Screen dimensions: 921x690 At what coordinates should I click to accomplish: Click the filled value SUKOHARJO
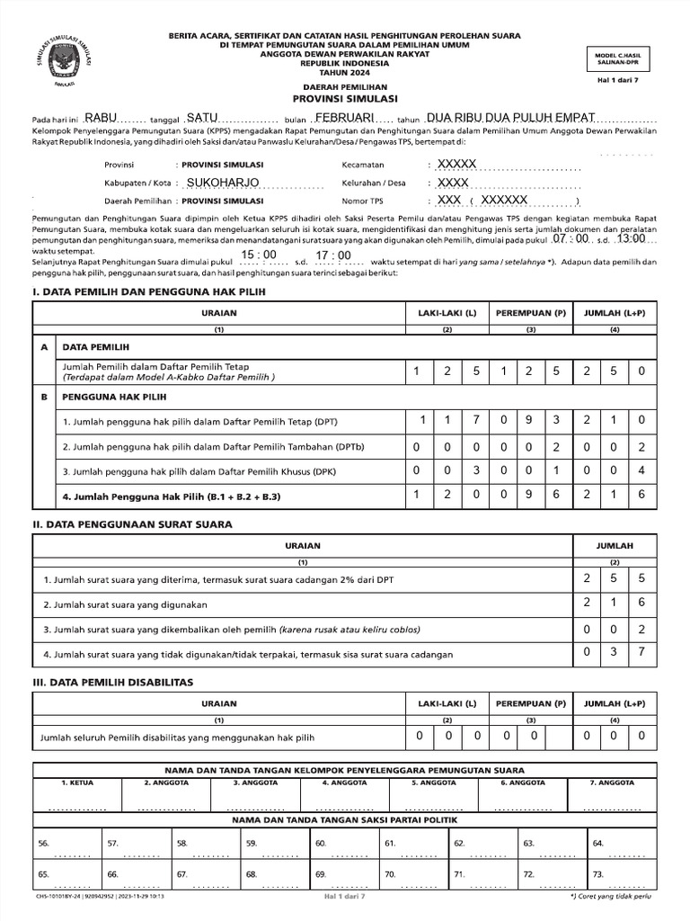[221, 183]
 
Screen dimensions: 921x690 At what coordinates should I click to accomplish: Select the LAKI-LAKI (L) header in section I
[447, 312]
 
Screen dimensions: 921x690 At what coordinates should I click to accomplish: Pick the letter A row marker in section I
[43, 346]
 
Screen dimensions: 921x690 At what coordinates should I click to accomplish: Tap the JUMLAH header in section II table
[615, 545]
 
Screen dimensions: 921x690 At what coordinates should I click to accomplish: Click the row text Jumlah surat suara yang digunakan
[125, 604]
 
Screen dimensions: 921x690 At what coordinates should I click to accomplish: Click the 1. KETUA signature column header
[77, 782]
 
